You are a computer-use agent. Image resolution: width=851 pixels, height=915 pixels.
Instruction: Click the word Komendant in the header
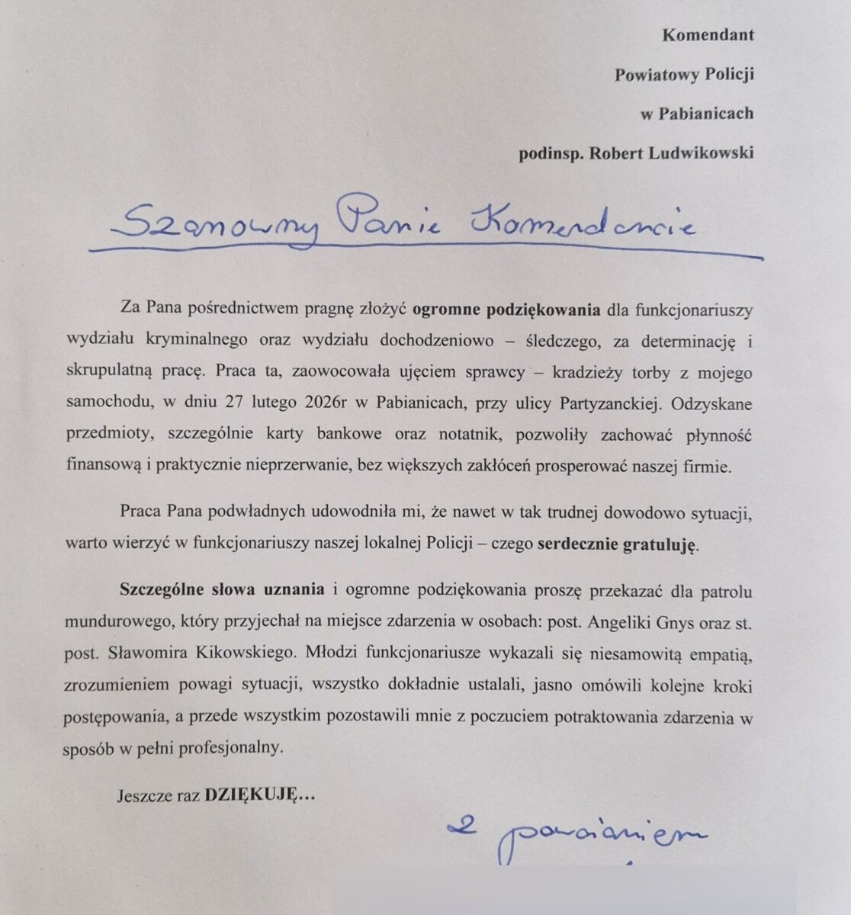tap(708, 35)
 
